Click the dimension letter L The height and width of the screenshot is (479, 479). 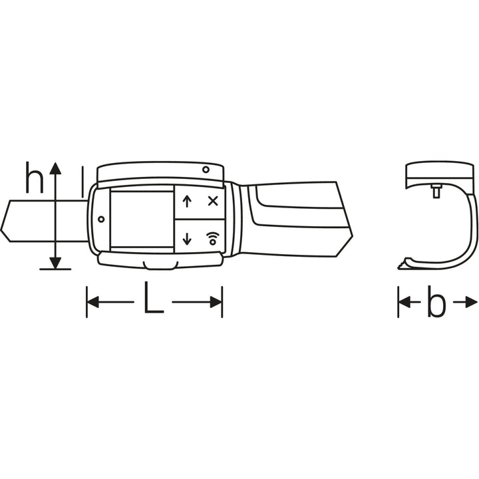coord(153,301)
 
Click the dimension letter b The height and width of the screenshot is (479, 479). coord(436,304)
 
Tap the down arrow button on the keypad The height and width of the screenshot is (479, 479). coord(187,239)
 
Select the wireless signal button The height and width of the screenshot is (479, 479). coord(213,238)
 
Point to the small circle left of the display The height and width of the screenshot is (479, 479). coord(101,219)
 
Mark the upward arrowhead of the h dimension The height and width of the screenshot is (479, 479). coord(56,168)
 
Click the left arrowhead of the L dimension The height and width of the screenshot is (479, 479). coord(92,303)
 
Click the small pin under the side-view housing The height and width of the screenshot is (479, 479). coord(437,191)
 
